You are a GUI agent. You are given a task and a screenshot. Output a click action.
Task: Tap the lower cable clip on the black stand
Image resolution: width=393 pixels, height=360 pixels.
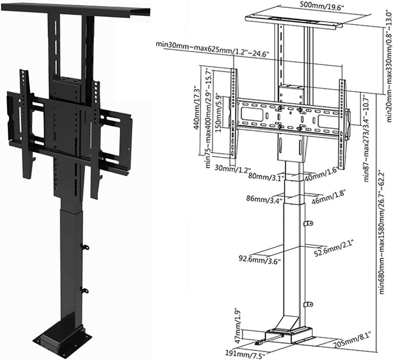pyautogui.click(x=85, y=290)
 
